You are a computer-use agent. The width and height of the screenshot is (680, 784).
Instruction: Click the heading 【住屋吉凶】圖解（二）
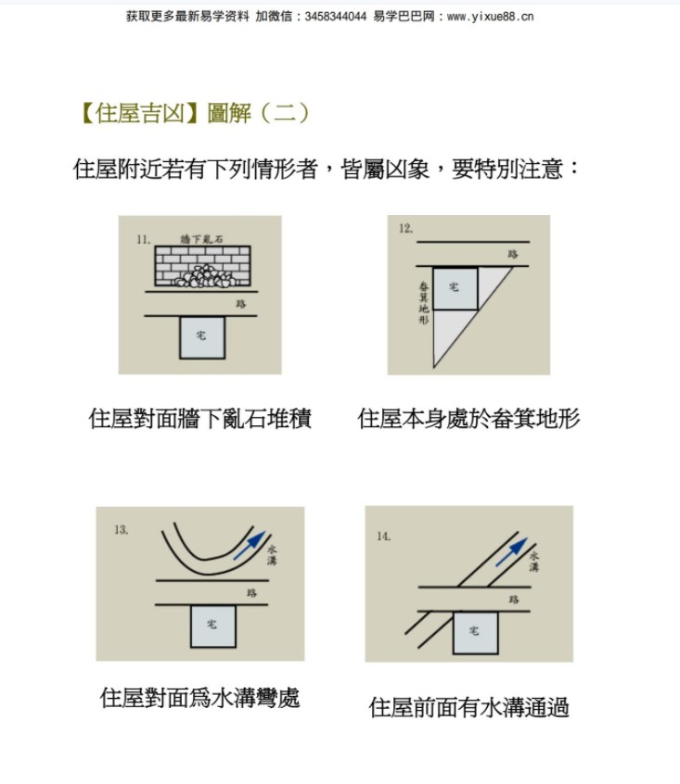194,113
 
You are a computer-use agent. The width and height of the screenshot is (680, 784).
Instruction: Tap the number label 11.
143,239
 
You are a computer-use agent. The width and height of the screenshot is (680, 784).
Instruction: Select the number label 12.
405,229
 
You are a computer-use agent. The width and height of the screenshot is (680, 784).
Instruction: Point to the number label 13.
122,529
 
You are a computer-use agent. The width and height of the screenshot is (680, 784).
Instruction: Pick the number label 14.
384,537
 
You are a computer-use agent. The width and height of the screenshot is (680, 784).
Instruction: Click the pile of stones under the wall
205,276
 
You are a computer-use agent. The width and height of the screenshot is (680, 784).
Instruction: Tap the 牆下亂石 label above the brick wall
201,239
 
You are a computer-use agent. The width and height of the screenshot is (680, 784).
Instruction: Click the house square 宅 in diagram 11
202,337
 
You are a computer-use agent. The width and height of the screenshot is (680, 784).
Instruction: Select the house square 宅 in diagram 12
455,288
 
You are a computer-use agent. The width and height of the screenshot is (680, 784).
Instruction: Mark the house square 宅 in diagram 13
212,626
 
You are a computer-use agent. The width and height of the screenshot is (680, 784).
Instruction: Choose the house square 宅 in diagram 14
475,632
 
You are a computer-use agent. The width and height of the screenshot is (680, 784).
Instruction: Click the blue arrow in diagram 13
250,546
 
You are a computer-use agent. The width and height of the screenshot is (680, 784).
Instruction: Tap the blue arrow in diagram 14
511,552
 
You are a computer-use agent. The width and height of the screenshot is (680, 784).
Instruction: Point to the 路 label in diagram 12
513,255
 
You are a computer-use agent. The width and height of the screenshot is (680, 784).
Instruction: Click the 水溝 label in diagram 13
272,555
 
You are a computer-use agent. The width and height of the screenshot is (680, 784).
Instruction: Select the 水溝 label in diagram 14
534,562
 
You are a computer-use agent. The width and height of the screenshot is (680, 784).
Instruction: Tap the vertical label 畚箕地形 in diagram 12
424,302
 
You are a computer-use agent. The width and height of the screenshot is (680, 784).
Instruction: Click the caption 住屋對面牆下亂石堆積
200,419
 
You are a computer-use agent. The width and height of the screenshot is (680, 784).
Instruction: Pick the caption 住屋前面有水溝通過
468,707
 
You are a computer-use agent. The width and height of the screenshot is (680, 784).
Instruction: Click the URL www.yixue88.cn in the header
490,17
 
